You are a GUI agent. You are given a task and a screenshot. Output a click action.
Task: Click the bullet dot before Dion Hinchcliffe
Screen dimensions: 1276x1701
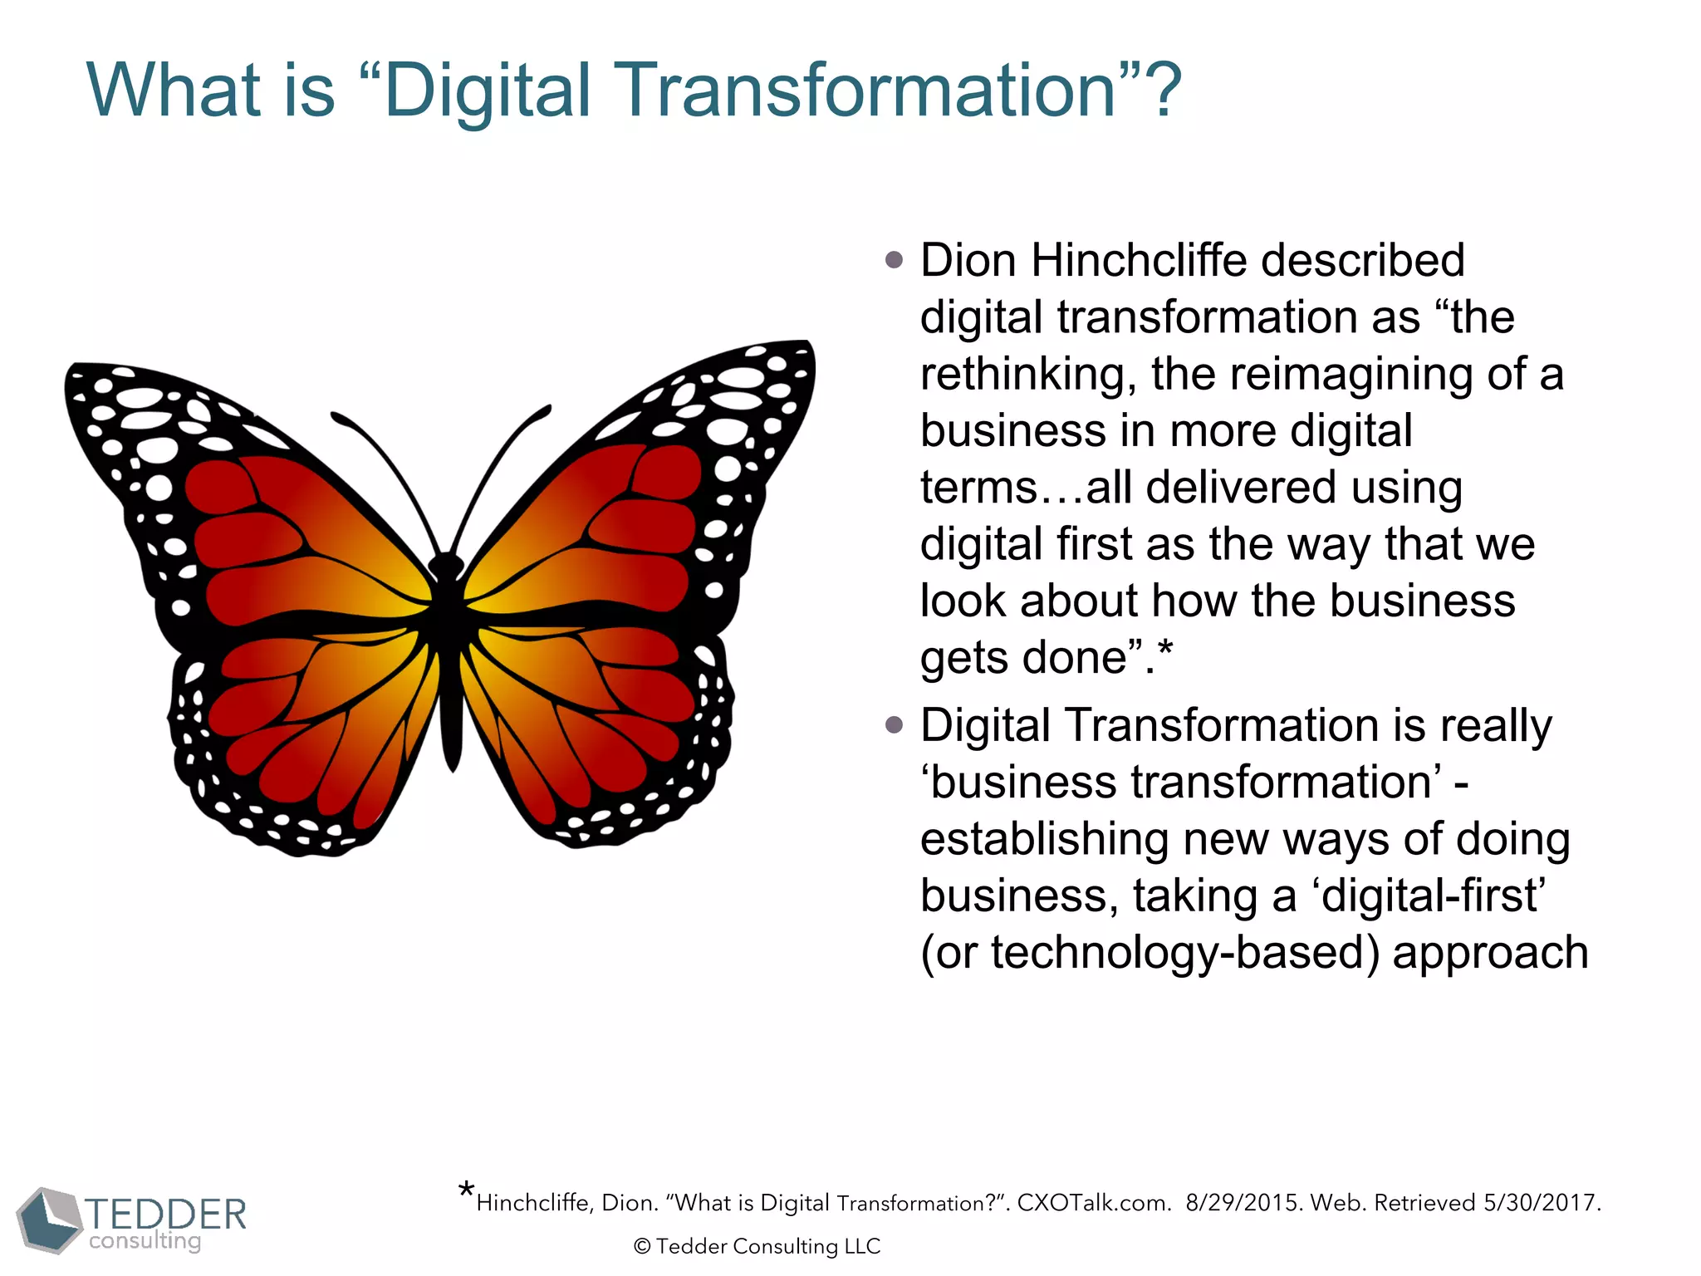[x=894, y=261]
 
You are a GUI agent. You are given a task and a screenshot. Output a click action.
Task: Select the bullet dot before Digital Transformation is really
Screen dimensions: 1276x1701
[x=894, y=726]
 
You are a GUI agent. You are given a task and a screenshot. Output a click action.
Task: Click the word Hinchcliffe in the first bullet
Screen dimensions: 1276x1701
[x=1139, y=261]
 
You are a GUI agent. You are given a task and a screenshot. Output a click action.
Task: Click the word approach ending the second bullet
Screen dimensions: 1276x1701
[x=1490, y=953]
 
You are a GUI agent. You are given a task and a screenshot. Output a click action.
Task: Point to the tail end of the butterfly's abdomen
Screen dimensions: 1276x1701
[x=453, y=760]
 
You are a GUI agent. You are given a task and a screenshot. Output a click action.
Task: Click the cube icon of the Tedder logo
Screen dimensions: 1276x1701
[x=50, y=1220]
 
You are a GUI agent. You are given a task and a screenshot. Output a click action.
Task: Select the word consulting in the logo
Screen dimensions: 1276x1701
[x=145, y=1241]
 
